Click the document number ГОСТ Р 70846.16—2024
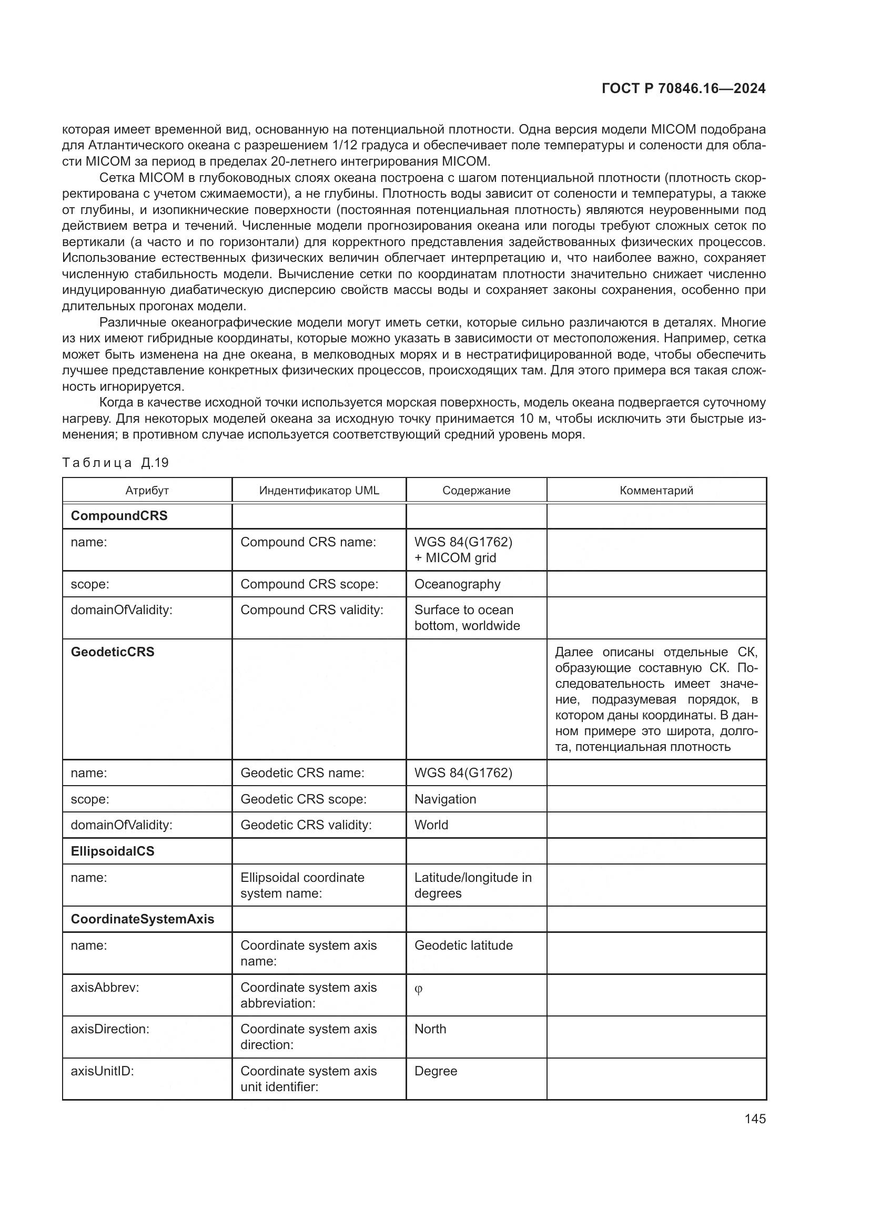coord(684,88)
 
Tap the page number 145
coord(755,1119)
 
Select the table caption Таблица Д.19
coord(115,463)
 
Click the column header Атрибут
coord(147,490)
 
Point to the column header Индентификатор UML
coord(319,490)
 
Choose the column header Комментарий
coord(656,490)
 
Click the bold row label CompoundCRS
coord(119,515)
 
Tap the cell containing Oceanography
coord(457,584)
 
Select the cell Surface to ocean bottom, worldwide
coord(467,618)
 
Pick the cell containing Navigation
coord(445,799)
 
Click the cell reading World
coord(431,825)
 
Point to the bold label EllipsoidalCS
coord(113,851)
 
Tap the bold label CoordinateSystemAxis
coord(143,919)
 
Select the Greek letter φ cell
coord(419,989)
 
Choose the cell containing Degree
coord(436,1071)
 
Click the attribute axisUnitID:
coord(103,1071)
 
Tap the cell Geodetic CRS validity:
coord(306,825)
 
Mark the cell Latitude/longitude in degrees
coord(472,885)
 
